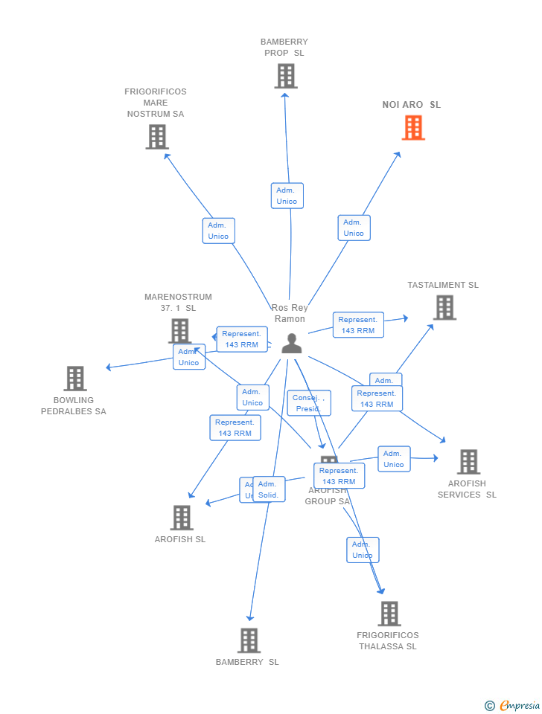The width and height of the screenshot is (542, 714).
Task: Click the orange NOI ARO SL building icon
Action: (x=413, y=128)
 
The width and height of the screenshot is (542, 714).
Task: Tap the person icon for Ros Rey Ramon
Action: (x=292, y=343)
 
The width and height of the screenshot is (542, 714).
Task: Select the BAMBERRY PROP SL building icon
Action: (x=285, y=76)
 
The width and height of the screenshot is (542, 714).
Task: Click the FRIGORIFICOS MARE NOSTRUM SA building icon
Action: (x=157, y=137)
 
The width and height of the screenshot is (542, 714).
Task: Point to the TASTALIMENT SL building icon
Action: (x=444, y=307)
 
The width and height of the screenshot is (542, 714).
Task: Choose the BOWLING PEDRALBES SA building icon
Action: (x=74, y=379)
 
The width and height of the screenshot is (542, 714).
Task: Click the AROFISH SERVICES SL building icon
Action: (x=468, y=462)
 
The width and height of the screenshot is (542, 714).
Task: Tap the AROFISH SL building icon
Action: (x=181, y=518)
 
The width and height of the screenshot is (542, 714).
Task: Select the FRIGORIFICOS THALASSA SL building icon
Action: (x=389, y=614)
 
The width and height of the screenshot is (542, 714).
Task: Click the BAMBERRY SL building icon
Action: (x=248, y=640)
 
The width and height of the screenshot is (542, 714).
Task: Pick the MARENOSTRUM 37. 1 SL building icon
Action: (x=179, y=330)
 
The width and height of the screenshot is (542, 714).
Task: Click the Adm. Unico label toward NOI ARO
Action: (x=354, y=228)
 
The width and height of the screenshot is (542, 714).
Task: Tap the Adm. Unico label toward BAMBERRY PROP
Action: (x=287, y=196)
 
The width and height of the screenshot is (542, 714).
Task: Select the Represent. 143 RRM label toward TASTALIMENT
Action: (x=358, y=325)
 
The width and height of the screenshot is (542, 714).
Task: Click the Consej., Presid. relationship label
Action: (x=307, y=403)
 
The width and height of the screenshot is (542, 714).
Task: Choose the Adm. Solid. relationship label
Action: (x=268, y=489)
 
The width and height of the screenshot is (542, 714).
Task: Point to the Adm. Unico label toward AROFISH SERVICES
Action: (x=394, y=459)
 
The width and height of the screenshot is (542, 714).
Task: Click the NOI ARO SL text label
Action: (x=412, y=105)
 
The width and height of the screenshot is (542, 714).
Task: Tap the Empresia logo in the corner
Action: (x=514, y=705)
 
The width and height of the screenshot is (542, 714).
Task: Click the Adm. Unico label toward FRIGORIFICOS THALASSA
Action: (x=363, y=550)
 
